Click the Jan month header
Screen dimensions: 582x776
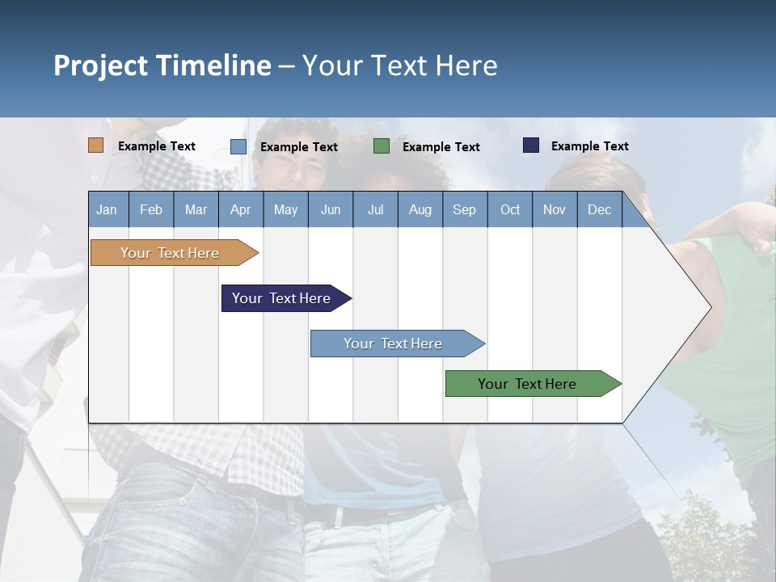point(108,209)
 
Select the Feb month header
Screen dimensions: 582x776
point(151,209)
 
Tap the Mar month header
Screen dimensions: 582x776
point(196,209)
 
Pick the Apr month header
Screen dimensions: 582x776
point(241,209)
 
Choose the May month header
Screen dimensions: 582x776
point(285,209)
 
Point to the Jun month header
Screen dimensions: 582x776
point(331,209)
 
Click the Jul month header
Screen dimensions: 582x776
point(375,209)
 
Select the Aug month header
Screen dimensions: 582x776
point(420,209)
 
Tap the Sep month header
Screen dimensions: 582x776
point(465,209)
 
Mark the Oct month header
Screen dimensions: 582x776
point(510,209)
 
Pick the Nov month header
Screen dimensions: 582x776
point(555,209)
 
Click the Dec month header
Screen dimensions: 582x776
point(600,209)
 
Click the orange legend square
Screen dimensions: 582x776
point(96,145)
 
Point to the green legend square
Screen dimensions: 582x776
point(382,145)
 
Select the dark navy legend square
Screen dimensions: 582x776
point(530,145)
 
